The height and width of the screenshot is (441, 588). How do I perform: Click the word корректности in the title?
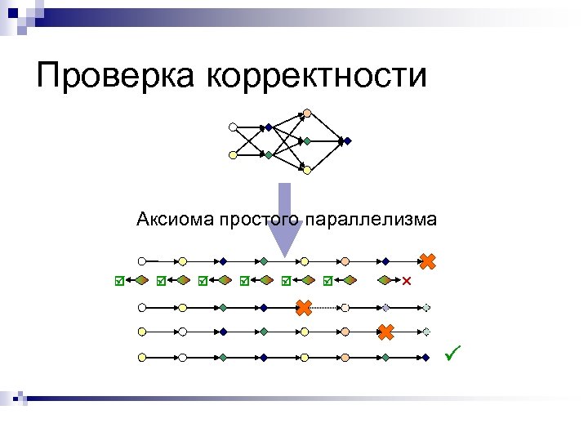coord(318,76)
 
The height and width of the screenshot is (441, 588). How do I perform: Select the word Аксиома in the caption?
coord(174,219)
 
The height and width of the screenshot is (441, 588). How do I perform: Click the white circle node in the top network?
coord(233,127)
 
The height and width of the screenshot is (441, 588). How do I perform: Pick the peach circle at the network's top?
coord(306,113)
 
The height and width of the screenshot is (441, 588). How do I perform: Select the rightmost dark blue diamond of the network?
coord(346,140)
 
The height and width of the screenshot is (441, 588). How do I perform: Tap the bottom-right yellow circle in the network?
coord(306,170)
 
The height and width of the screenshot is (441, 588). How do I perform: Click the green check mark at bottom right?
coord(454,354)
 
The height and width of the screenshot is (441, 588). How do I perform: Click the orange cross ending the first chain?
coord(427,261)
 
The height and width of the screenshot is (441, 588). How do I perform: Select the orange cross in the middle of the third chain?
coord(303,308)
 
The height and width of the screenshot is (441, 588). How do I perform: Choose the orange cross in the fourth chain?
coord(385,332)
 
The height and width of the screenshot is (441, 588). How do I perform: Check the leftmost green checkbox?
coord(119,281)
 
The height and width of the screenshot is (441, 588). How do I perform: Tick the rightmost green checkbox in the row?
coord(327,281)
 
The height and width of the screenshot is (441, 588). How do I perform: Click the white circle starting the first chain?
coord(142,261)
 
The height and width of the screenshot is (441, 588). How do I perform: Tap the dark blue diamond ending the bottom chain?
coord(426,357)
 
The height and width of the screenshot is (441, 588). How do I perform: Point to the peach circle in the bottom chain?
coord(345,357)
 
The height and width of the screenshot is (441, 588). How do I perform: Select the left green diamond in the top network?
coord(268,154)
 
